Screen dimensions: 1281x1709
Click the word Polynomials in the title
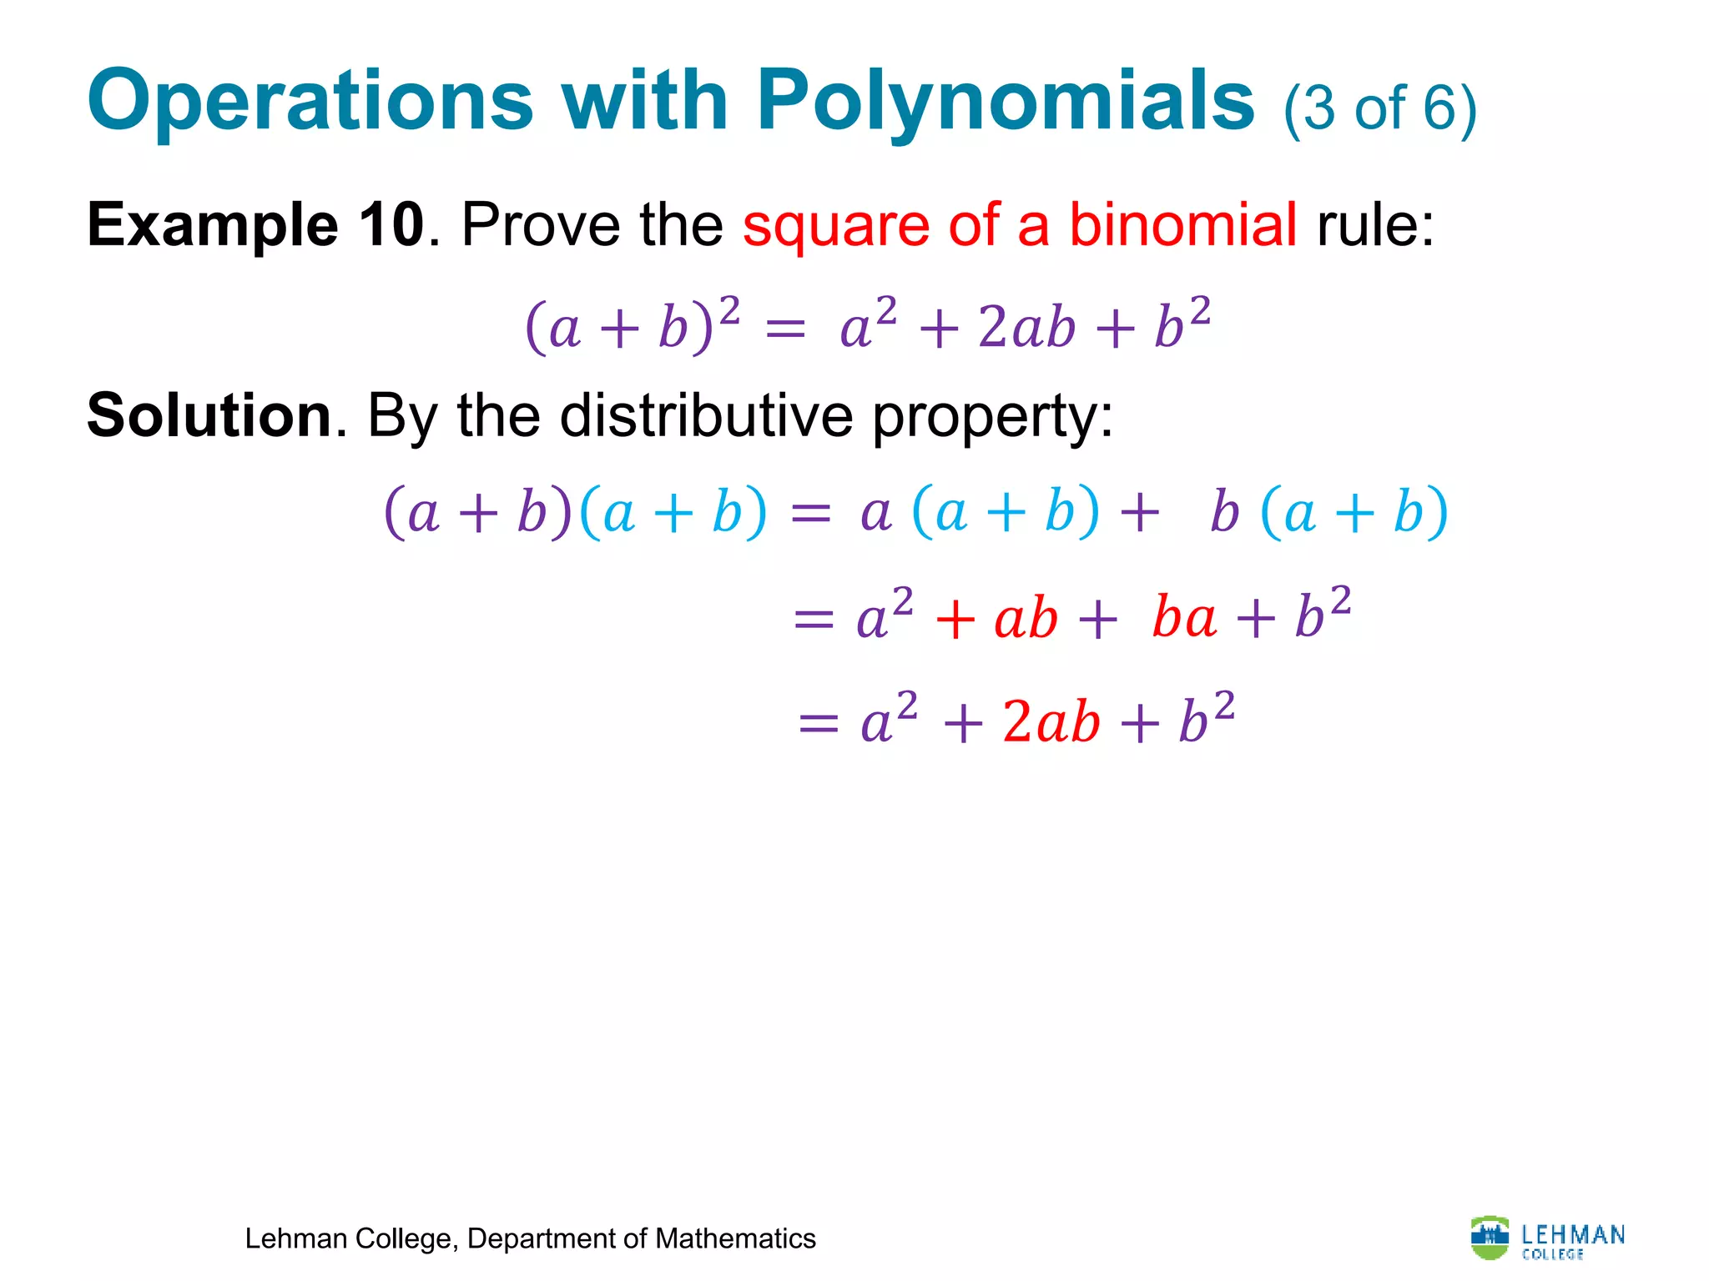click(1006, 102)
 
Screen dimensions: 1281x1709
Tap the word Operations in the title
click(310, 102)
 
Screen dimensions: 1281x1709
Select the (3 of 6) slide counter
click(1380, 108)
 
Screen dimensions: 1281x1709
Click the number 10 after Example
click(391, 225)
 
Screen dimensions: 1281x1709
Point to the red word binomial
click(1182, 225)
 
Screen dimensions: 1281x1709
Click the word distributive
click(706, 415)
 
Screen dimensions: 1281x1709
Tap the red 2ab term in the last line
click(1051, 721)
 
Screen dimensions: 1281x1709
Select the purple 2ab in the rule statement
click(1026, 327)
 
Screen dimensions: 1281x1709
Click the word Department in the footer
click(544, 1239)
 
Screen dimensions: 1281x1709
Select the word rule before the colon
click(1369, 225)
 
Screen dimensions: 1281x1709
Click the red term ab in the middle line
click(1026, 620)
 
